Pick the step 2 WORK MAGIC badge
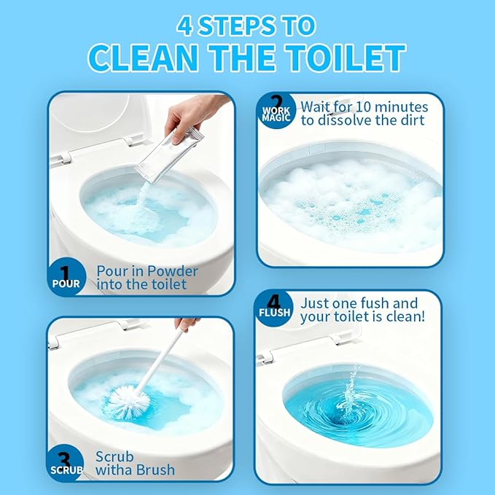pos(276,111)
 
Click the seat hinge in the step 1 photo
pos(63,157)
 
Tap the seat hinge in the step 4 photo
pos(267,356)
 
